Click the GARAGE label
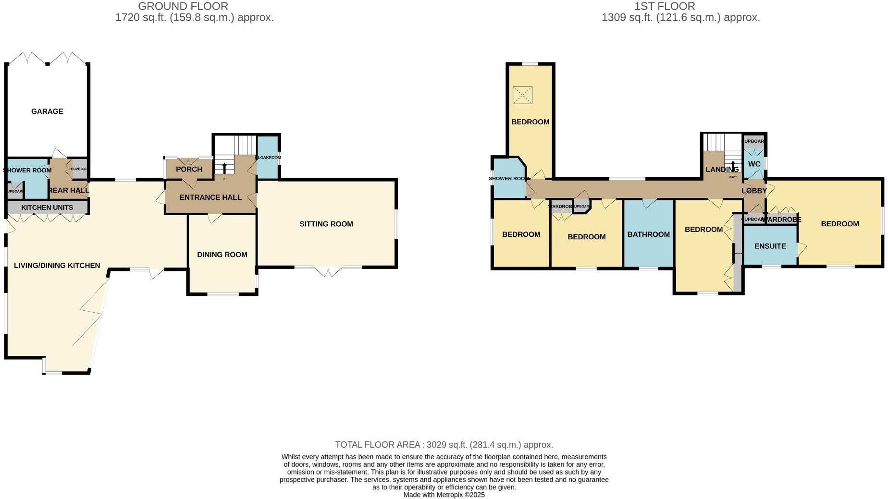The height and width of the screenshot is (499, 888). coord(47,111)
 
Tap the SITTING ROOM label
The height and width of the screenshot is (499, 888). coord(326,224)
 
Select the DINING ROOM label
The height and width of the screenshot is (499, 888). coord(222,255)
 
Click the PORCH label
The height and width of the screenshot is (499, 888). coord(189,169)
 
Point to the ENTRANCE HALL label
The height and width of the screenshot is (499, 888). coord(210,197)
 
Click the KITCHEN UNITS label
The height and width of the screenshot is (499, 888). coord(47,207)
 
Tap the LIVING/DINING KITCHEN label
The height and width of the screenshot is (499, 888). coord(57,266)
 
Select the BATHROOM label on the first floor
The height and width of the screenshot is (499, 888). coord(648,234)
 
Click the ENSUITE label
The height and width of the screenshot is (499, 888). coord(770,246)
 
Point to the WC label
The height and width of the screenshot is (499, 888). coord(754,164)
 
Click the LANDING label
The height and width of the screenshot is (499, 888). coord(722,169)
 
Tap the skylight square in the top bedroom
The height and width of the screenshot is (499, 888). coord(522,95)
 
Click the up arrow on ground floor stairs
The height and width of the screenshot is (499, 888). coord(224,168)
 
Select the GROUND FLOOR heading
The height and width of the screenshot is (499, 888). coord(183,6)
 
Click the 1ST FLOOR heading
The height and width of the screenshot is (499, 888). coord(664,6)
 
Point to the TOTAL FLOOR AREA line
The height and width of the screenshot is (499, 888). coord(444,445)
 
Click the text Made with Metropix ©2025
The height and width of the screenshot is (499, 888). coord(444,495)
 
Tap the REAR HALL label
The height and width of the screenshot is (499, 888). coord(69,190)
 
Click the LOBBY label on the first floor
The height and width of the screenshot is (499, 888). coord(754,191)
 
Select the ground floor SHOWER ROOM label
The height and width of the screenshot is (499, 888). coord(27,170)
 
